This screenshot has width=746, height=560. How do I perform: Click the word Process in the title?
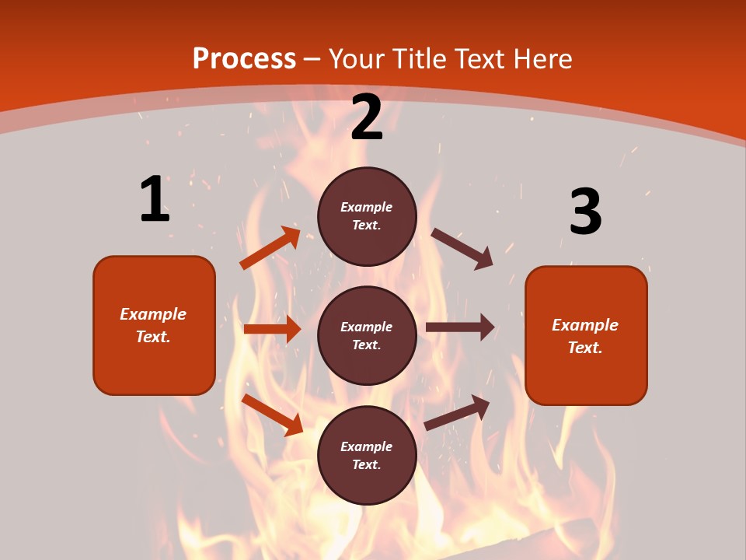click(x=244, y=59)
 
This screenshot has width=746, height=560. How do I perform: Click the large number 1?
click(x=155, y=199)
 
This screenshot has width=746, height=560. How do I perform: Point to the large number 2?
click(x=367, y=117)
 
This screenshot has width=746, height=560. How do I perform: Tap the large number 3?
click(x=585, y=212)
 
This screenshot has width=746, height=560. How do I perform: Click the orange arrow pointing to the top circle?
click(x=270, y=248)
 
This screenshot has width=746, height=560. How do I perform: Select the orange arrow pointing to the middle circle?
click(x=272, y=329)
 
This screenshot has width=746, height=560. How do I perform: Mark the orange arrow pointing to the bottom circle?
click(x=272, y=415)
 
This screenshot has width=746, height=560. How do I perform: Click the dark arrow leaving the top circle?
click(x=462, y=248)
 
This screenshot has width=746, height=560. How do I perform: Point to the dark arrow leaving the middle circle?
click(x=460, y=327)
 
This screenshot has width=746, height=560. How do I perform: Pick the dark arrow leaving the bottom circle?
click(x=457, y=413)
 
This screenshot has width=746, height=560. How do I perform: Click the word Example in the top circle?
click(x=367, y=208)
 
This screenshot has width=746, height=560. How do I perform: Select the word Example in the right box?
click(x=585, y=325)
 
